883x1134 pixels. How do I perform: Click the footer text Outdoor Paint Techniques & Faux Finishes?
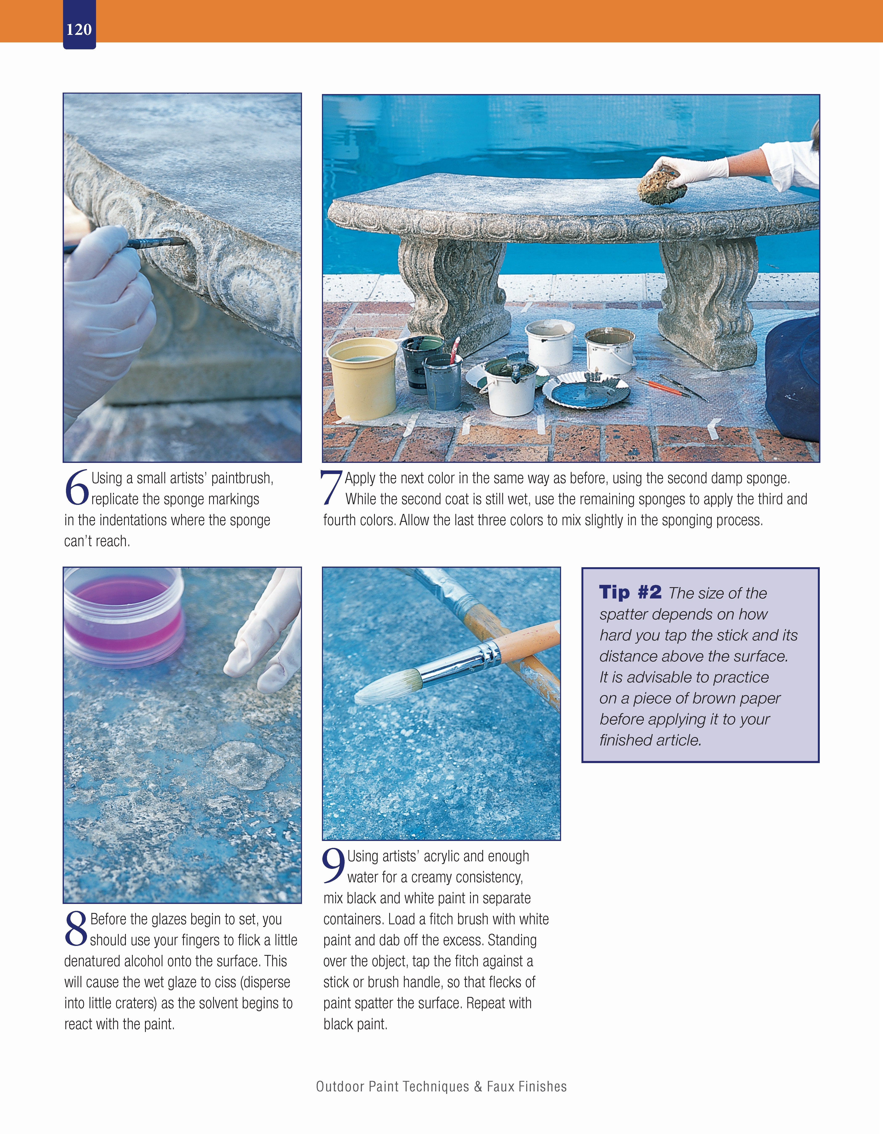click(441, 1086)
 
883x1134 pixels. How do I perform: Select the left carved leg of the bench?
click(454, 291)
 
